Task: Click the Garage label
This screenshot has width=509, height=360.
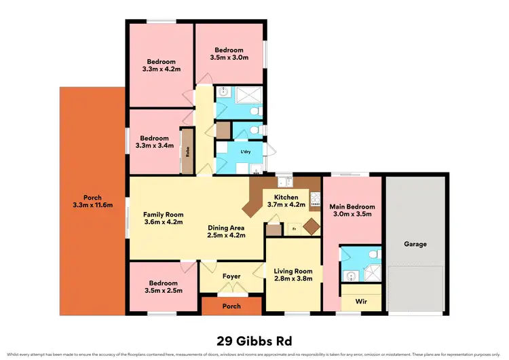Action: tap(415, 244)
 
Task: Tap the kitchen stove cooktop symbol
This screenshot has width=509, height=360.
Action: tap(315, 199)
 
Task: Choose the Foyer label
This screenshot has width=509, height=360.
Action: tap(231, 276)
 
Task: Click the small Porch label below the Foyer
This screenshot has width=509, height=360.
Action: tap(231, 306)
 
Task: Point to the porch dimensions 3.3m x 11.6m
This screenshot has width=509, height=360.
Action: tap(92, 205)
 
